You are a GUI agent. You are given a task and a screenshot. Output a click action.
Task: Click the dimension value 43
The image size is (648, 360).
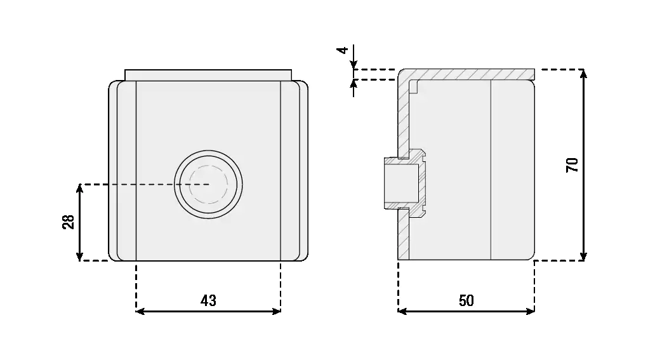pos(208,300)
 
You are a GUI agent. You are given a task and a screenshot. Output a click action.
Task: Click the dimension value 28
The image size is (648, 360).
pos(69,222)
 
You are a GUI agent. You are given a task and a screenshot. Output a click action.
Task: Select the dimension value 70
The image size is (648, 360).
pos(572,165)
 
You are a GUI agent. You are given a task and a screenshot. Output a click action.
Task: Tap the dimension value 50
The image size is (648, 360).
pos(466,300)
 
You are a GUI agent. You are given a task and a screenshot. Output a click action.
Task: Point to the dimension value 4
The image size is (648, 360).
pos(343,50)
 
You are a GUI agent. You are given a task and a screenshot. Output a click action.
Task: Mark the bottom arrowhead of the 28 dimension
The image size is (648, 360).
pos(79,256)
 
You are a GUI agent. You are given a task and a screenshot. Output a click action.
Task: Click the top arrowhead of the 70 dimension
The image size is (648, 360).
pos(584,73)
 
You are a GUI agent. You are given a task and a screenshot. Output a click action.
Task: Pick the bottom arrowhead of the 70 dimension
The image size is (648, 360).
pos(584,256)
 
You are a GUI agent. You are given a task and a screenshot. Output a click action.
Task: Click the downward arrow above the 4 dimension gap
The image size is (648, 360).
pos(354,64)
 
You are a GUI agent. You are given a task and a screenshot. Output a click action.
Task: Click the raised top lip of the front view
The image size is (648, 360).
pos(208,75)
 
